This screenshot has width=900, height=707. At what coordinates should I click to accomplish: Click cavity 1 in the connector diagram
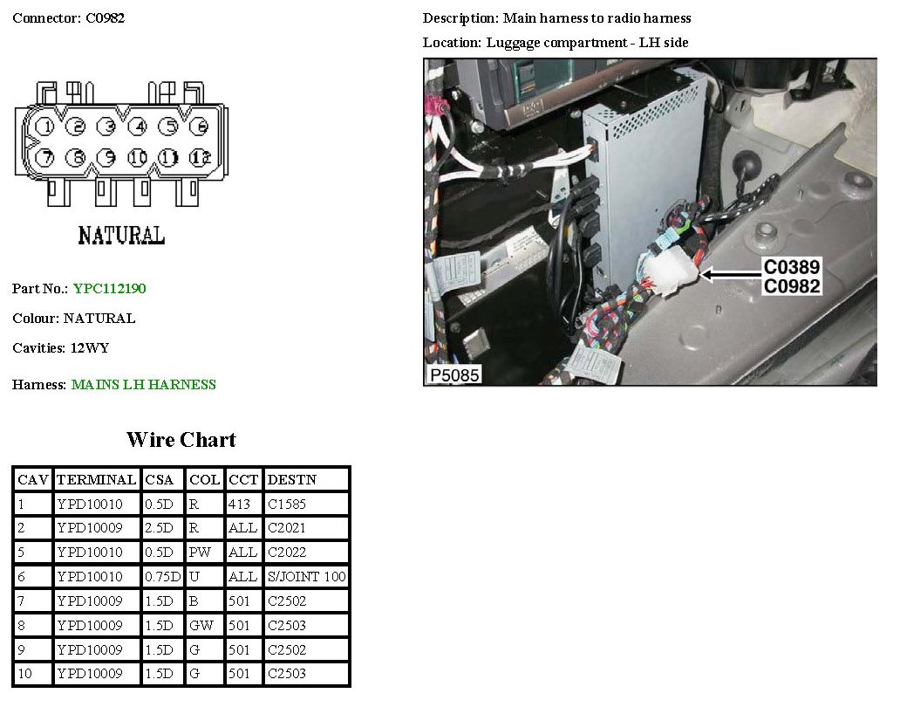45,127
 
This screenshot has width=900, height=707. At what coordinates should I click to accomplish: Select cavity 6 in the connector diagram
199,127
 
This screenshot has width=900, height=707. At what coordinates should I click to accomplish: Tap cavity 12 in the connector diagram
200,157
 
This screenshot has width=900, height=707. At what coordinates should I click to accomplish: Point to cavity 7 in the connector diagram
45,157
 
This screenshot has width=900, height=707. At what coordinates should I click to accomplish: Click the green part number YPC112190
110,288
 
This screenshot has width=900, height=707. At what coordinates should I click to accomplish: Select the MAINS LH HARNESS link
144,384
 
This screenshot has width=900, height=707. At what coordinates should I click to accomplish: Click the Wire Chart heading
181,440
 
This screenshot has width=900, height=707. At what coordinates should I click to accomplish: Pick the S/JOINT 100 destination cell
306,577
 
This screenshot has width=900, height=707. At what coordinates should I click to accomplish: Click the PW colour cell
204,553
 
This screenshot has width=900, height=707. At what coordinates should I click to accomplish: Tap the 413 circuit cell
243,505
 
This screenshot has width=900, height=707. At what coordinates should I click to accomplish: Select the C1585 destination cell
306,505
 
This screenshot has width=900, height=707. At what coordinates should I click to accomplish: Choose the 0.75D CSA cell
163,577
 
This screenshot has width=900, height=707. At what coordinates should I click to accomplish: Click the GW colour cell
204,626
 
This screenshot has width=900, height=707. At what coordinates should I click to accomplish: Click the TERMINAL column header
97,479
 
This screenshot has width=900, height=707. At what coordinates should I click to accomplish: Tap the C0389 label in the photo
792,266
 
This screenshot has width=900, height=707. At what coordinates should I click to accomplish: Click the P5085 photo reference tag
454,375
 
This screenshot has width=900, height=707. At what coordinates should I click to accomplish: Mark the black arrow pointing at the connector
731,275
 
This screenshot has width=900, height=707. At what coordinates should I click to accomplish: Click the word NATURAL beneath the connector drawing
122,236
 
